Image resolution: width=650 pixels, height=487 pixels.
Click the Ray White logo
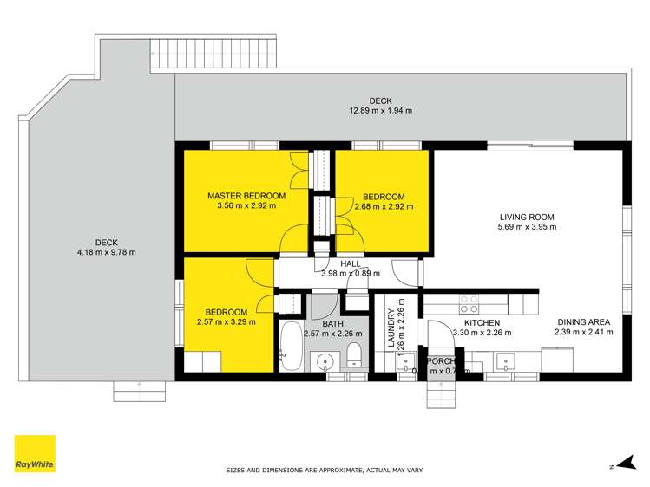[35, 453]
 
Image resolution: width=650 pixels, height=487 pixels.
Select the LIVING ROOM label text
[527, 217]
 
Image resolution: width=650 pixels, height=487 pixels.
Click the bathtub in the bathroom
[291, 347]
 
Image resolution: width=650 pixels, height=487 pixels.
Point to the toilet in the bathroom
[353, 355]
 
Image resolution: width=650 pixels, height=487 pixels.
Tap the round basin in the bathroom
[326, 360]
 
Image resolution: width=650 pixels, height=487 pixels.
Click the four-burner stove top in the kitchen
[469, 303]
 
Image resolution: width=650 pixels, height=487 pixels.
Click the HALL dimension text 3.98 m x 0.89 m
[350, 274]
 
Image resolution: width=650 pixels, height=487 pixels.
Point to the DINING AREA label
[583, 321]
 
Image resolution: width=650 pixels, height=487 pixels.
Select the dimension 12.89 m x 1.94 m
[380, 111]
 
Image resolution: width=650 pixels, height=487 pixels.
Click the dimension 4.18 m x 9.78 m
[107, 252]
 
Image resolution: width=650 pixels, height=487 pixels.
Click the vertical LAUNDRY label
[391, 330]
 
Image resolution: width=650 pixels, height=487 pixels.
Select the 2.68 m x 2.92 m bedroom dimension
[384, 206]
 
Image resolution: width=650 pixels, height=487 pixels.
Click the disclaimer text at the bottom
[325, 470]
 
